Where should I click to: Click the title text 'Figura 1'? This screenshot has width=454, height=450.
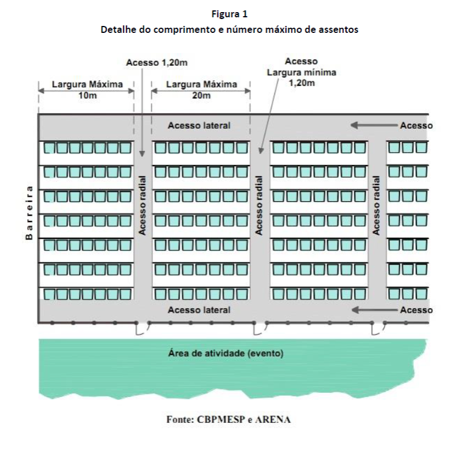point(230,14)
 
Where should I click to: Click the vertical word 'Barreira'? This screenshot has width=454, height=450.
point(29,213)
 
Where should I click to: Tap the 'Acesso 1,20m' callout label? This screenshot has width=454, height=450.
point(157,62)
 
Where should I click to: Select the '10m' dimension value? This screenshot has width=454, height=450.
point(88,95)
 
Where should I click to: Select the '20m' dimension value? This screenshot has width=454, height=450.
point(201,95)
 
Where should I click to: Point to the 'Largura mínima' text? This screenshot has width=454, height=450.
point(301,72)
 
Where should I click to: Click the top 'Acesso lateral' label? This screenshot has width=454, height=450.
point(199,125)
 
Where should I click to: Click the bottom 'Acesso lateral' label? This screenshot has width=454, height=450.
point(199,310)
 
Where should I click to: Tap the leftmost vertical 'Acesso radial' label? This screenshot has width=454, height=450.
point(142,205)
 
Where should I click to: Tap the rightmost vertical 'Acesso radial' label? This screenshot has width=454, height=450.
point(376,205)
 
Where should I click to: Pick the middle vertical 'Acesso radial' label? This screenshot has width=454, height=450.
point(258,205)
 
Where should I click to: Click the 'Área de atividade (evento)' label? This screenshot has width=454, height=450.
point(226,353)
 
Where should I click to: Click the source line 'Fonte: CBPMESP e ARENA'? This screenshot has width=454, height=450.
point(228,419)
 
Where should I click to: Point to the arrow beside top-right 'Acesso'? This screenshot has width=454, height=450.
point(374,125)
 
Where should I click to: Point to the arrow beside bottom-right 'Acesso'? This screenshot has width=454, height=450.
point(374,310)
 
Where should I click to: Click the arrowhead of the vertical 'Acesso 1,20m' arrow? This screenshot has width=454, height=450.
point(142,153)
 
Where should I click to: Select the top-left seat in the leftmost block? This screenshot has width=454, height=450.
point(49,148)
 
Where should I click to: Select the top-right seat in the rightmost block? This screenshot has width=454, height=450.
point(422,147)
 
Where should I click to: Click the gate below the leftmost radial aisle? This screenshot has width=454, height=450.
point(142,328)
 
